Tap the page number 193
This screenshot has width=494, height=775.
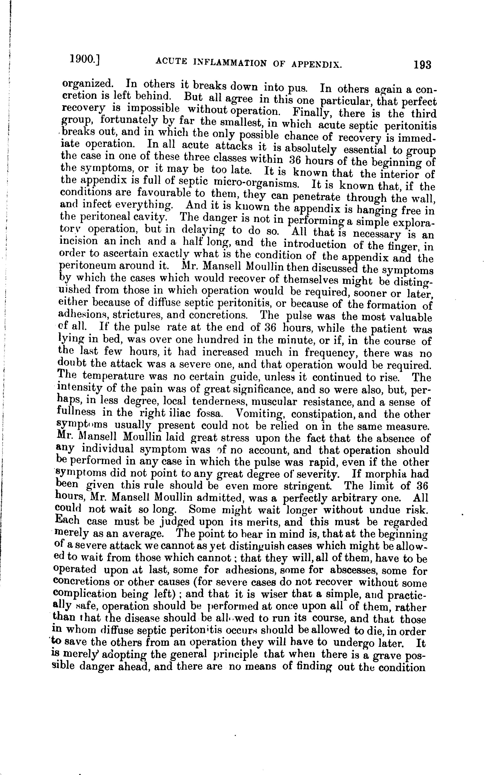click(x=422, y=65)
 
